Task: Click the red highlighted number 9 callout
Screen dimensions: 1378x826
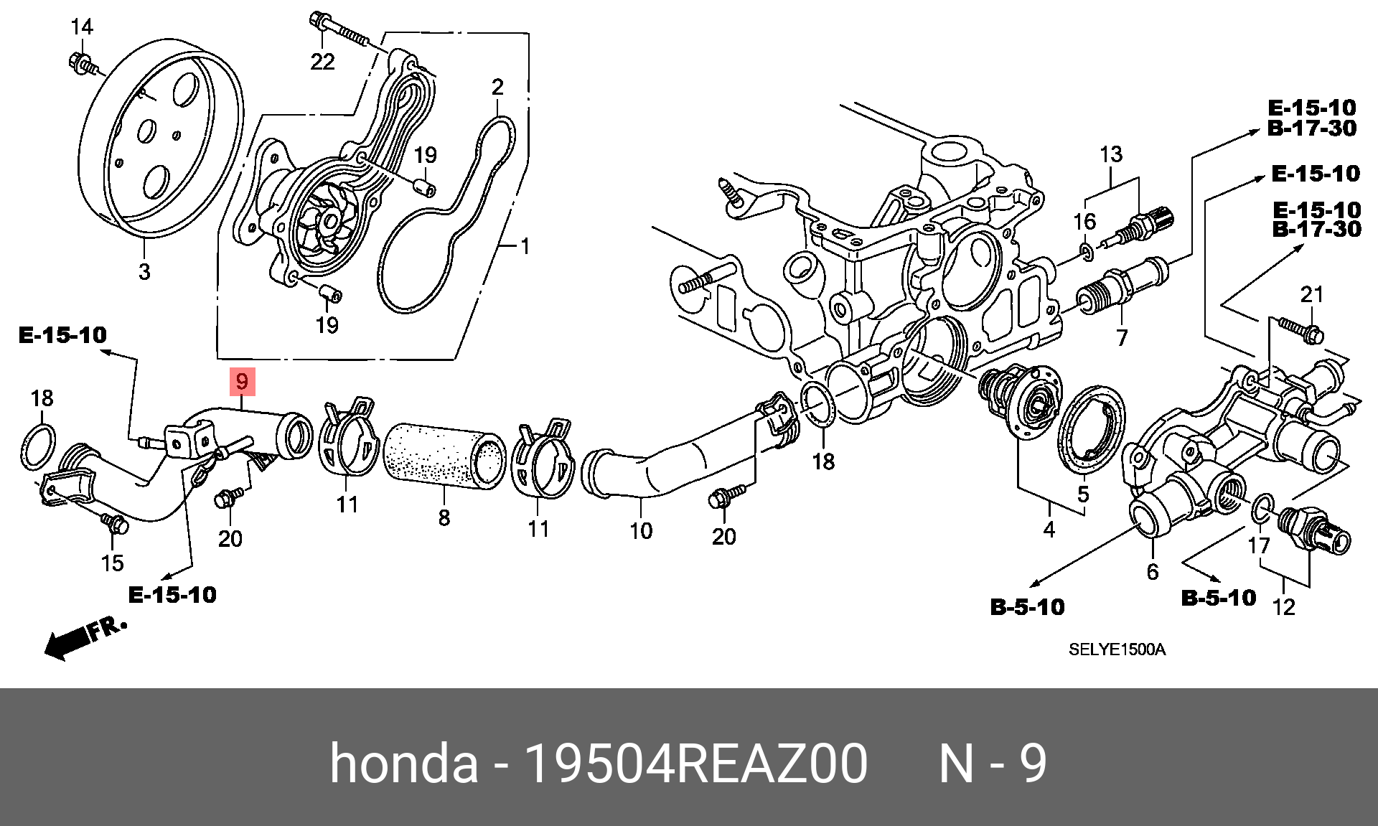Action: point(242,381)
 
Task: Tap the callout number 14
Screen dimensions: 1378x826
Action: point(82,27)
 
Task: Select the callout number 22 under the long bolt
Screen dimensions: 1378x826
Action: point(322,62)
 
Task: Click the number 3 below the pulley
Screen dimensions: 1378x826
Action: point(144,272)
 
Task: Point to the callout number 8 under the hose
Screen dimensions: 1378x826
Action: point(444,517)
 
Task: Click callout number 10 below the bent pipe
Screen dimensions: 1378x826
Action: point(641,530)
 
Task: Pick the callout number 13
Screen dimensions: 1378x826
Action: point(1111,154)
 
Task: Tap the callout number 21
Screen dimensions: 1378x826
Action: point(1312,294)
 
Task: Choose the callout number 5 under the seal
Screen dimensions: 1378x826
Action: point(1083,494)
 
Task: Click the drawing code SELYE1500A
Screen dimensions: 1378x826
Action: point(1117,649)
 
